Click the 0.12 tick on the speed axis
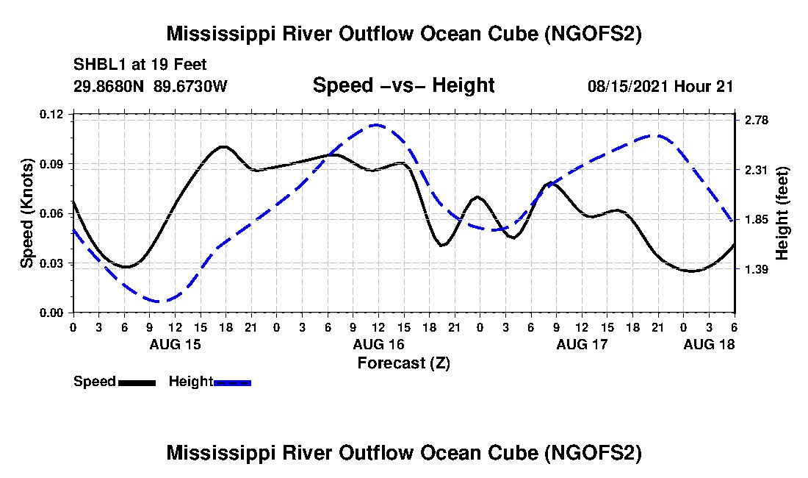coord(51,114)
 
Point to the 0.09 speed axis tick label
coord(51,165)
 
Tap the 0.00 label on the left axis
coord(51,313)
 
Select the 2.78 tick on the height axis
coord(757,121)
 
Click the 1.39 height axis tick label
coord(757,269)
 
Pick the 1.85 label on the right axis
coord(757,220)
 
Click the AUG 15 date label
coord(176,344)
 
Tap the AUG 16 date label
coord(379,344)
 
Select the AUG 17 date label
coord(582,344)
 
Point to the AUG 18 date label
coord(709,344)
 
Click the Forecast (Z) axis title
coord(404,363)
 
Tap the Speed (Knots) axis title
coord(27,213)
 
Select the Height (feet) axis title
coord(782,213)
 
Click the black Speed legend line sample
coord(137,383)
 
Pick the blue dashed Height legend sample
coord(232,383)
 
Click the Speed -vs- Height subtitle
coord(404,85)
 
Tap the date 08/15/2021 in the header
coord(627,87)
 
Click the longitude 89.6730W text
coord(191,86)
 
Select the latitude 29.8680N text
coord(109,86)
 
